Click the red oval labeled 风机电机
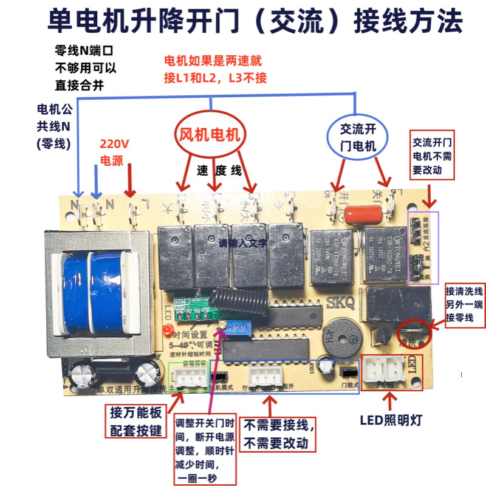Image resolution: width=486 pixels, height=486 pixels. [210, 134]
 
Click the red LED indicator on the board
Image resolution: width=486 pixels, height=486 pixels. [165, 330]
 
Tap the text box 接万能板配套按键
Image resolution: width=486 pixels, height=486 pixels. [136, 421]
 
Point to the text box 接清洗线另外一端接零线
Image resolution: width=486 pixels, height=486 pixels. [465, 304]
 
